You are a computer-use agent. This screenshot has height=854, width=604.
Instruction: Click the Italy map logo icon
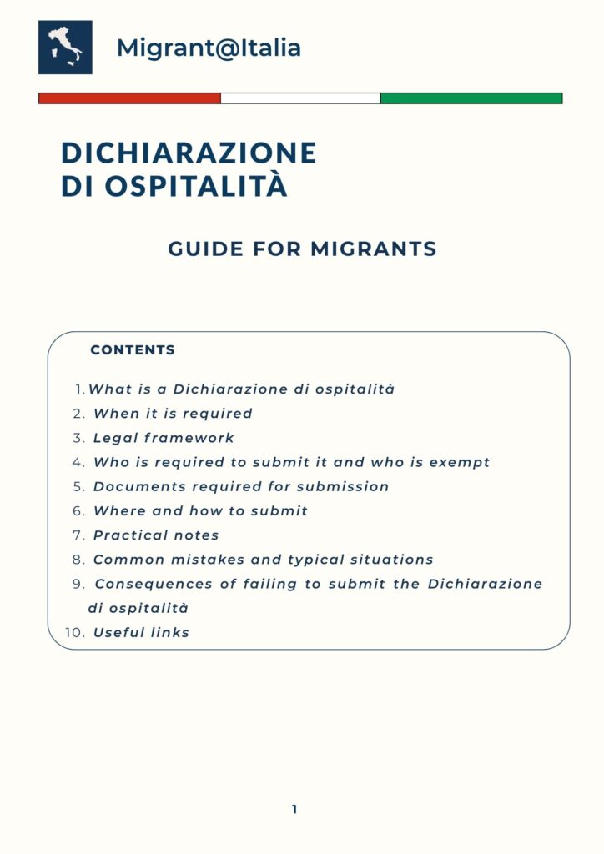pos(65,48)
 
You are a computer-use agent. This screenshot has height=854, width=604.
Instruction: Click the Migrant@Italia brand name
pos(209,48)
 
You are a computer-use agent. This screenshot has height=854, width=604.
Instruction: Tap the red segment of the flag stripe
pos(129,98)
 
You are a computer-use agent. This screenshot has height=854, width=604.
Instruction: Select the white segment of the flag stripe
pos(300,98)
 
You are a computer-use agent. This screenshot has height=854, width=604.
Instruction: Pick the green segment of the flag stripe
pos(471,98)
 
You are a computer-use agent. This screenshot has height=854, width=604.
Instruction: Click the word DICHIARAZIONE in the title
pos(189,153)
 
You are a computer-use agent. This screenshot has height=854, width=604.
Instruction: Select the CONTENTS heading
pos(133,350)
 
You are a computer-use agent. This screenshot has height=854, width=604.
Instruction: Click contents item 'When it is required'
pos(173,414)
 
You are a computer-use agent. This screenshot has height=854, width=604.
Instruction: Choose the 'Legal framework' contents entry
pos(164,438)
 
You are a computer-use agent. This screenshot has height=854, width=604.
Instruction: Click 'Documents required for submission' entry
pos(241,486)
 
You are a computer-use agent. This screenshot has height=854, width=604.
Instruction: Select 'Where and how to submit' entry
pos(200,510)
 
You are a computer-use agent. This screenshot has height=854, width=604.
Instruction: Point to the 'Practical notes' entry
pos(156,535)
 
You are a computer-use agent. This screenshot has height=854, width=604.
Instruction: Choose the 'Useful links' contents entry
pos(141,632)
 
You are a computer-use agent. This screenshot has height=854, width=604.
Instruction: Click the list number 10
pos(74,632)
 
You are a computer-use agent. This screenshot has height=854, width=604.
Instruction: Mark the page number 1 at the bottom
pos(294,809)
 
